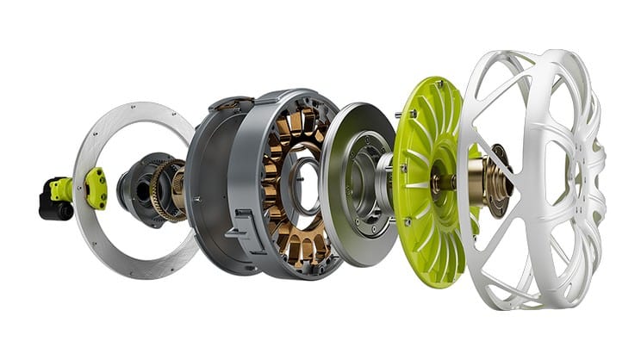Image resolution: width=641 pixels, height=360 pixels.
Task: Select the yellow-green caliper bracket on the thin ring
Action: (x=95, y=187)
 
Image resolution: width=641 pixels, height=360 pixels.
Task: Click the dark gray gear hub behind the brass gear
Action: (x=138, y=184)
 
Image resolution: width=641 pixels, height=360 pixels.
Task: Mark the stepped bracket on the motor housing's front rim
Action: (x=246, y=233)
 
